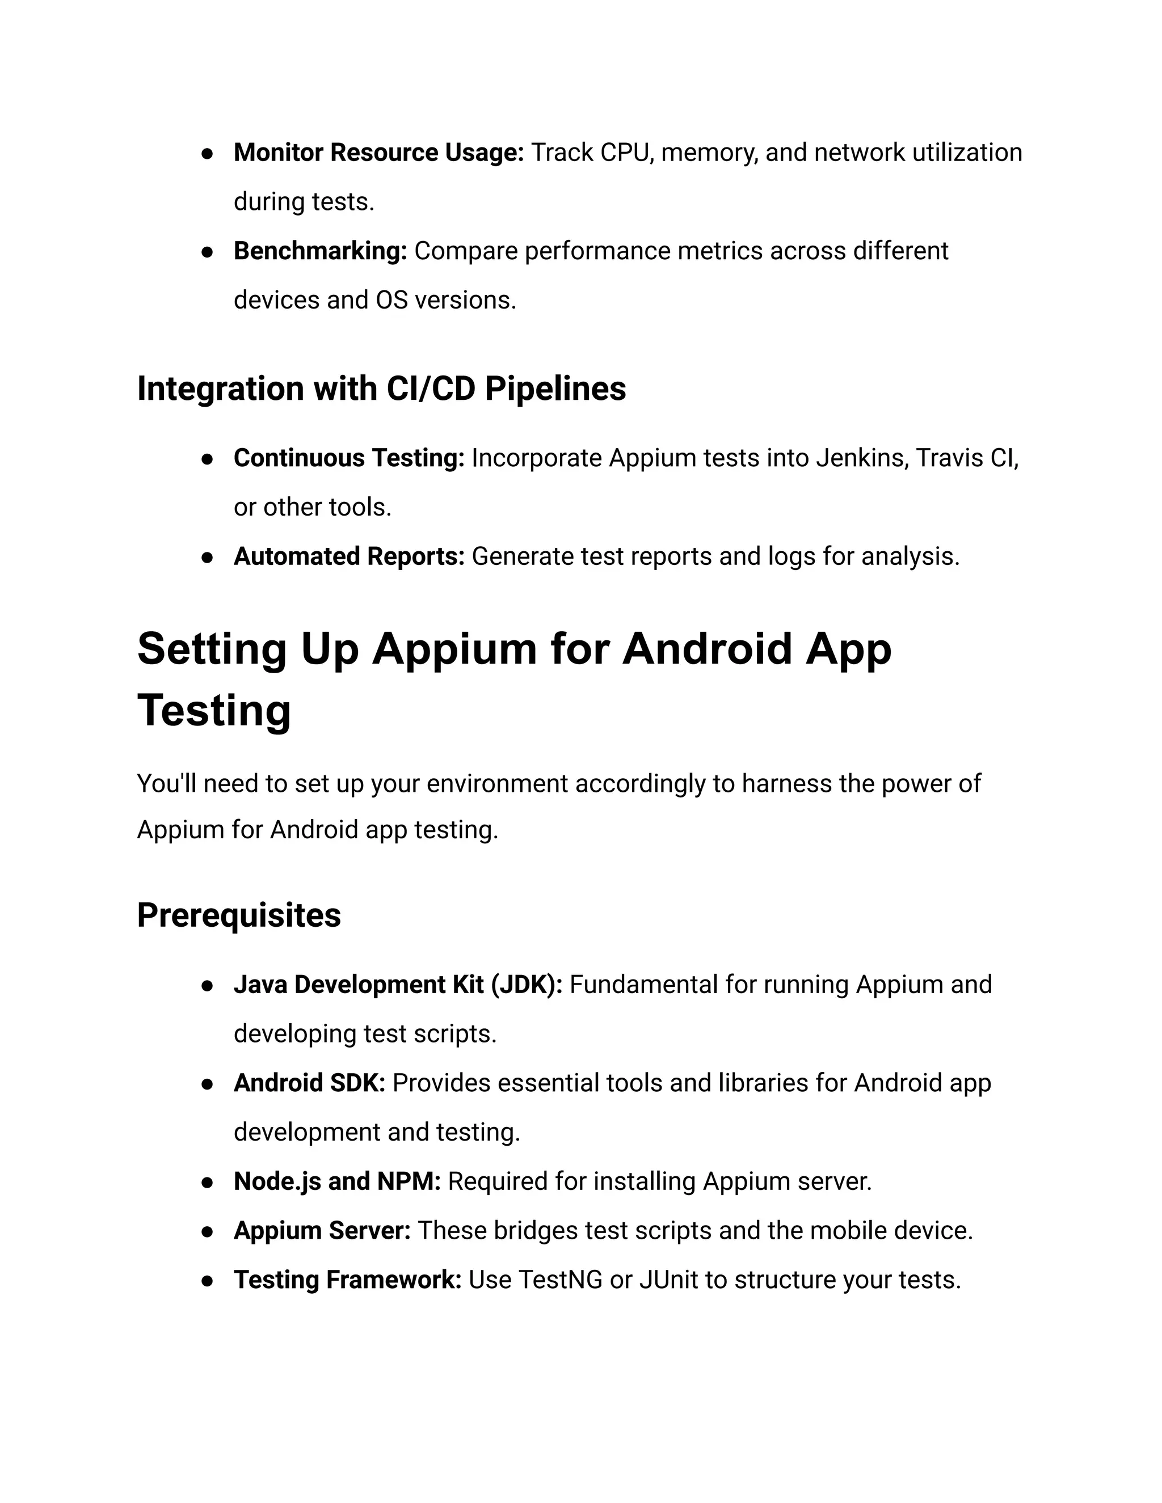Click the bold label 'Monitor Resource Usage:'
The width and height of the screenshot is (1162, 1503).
pos(378,153)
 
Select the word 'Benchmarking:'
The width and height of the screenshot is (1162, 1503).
pos(320,251)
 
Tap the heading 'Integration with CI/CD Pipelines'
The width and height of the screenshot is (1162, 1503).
pos(381,389)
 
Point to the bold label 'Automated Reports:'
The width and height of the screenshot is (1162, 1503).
pos(349,557)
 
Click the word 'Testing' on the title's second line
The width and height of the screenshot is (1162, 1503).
pos(214,711)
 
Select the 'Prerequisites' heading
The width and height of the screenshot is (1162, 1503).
pos(239,916)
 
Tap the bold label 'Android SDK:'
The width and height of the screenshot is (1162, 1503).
pos(309,1084)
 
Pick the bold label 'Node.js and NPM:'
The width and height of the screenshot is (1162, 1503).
pos(336,1181)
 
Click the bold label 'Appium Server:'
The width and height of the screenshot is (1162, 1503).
pos(322,1231)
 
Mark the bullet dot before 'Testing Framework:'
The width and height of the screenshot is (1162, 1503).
pos(207,1281)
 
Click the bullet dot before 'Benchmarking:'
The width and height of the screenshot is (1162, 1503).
pos(207,252)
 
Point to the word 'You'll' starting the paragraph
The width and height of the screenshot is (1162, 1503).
pos(167,784)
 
